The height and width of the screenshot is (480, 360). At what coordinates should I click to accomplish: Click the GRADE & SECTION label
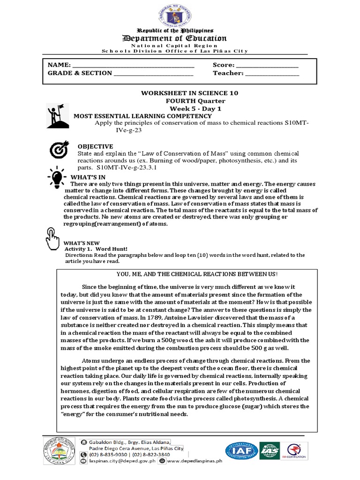tap(80, 73)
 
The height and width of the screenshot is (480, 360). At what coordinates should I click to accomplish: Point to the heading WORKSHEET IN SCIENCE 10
tap(190, 93)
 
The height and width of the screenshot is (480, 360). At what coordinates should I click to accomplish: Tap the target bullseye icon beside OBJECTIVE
tap(60, 150)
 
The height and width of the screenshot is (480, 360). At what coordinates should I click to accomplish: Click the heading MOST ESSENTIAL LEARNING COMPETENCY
tap(142, 116)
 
